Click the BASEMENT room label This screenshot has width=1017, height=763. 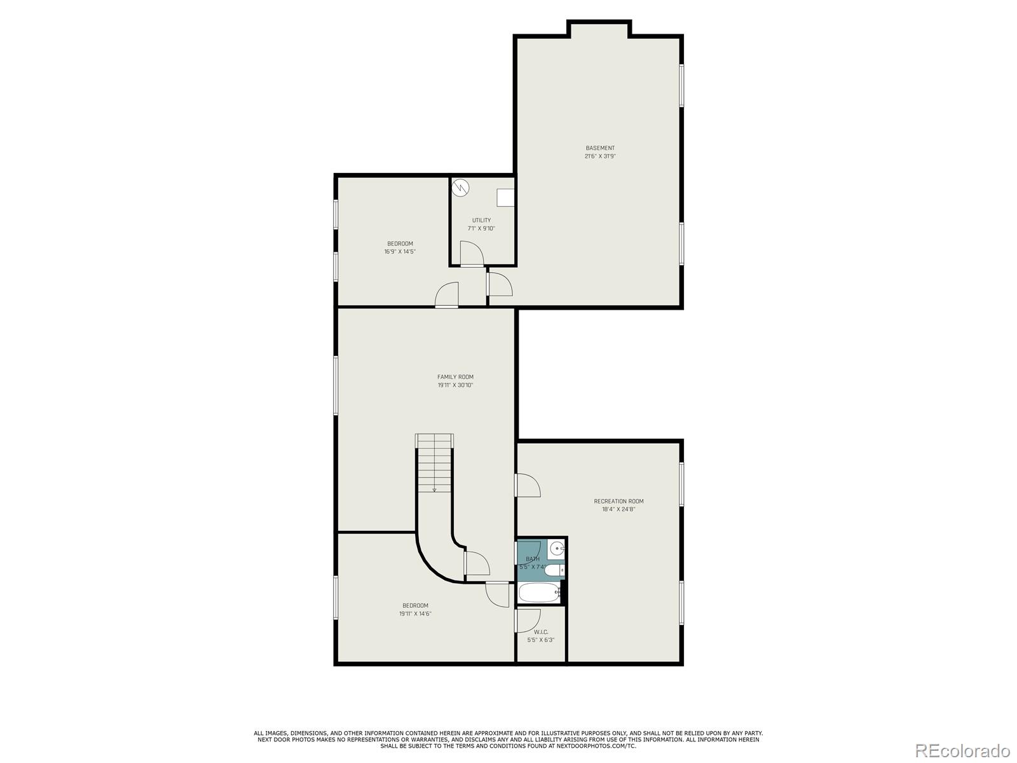click(x=600, y=148)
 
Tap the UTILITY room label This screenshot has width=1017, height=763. click(x=481, y=221)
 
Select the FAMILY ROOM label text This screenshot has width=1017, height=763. click(x=455, y=377)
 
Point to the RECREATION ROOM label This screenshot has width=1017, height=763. click(x=618, y=501)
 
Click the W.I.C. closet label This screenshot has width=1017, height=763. click(x=541, y=632)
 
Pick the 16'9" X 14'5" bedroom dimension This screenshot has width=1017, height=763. click(x=400, y=252)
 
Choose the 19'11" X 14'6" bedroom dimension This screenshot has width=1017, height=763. click(x=415, y=614)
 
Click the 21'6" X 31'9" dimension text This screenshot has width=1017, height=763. click(x=600, y=156)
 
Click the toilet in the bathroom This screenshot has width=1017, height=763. click(x=554, y=570)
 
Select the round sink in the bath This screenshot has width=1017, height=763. click(x=557, y=548)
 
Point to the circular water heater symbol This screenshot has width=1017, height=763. click(x=460, y=188)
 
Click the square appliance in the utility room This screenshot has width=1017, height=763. click(x=505, y=197)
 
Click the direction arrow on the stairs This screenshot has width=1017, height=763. click(x=435, y=489)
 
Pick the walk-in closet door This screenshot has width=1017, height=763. click(x=528, y=620)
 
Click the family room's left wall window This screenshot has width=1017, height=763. click(x=336, y=385)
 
